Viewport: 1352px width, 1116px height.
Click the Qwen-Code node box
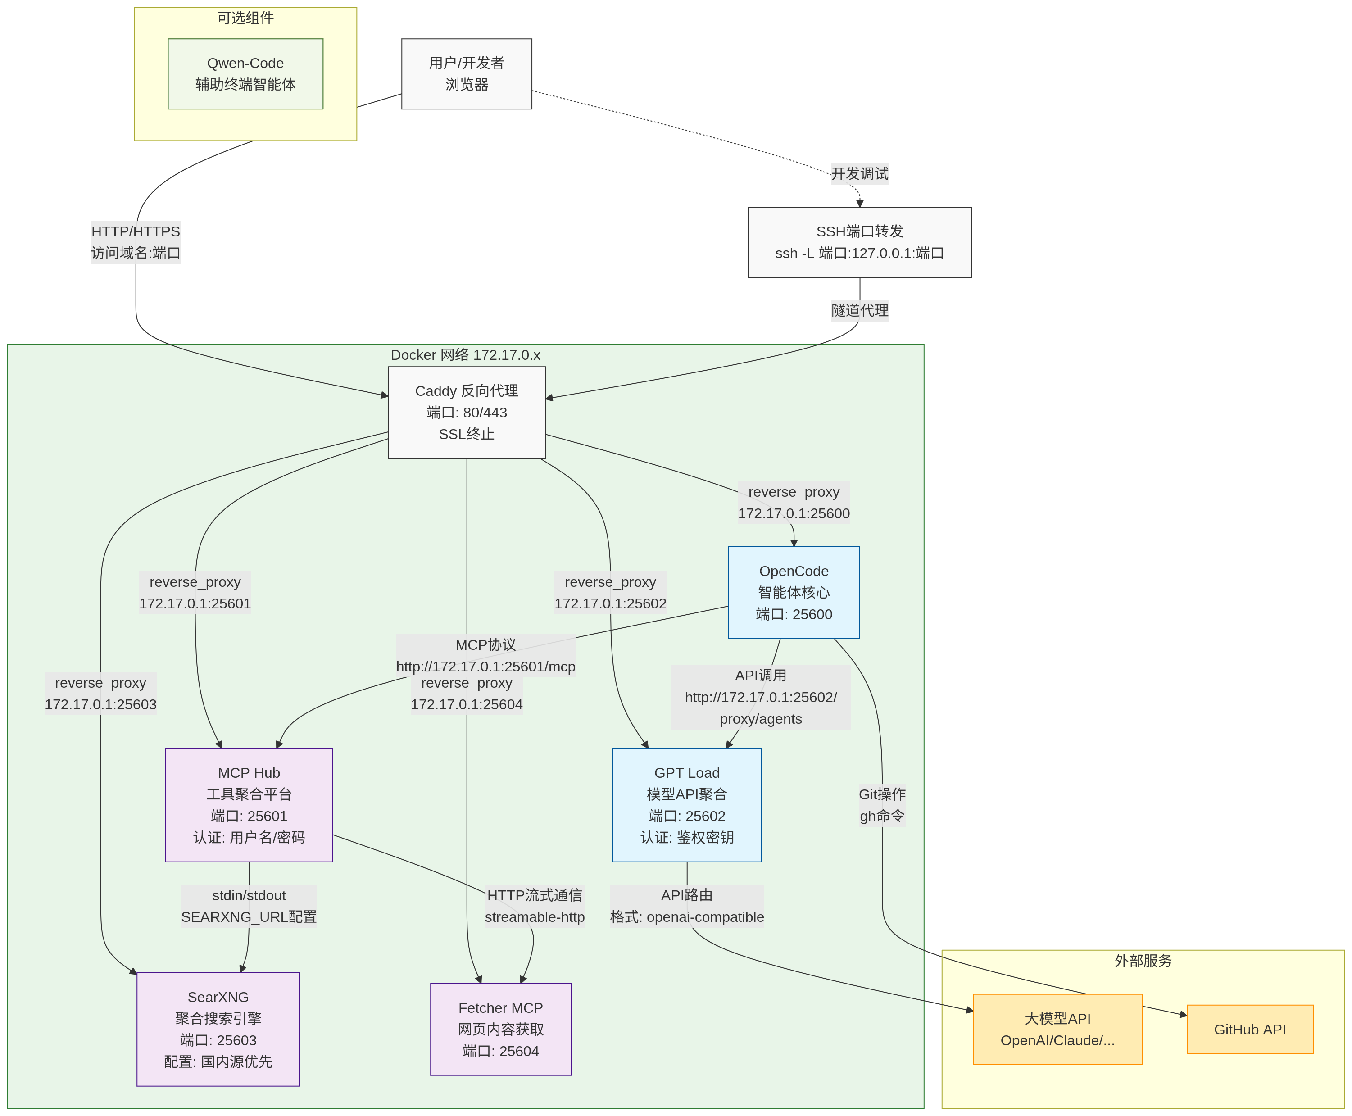(245, 74)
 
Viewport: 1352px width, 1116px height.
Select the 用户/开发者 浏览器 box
(466, 74)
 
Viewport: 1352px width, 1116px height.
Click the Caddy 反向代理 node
(466, 412)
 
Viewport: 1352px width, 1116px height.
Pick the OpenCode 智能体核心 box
(794, 592)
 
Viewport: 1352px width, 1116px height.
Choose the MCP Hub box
(249, 804)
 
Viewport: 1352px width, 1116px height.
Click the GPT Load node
(687, 804)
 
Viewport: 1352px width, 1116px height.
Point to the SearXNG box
(218, 1029)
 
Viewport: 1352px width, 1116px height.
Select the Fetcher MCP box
(500, 1029)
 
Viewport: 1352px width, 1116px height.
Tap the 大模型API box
(1057, 1029)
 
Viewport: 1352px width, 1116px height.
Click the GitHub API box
(1249, 1029)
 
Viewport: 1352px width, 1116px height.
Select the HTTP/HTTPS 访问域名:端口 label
(136, 242)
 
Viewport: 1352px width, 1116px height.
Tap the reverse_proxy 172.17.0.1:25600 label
(794, 502)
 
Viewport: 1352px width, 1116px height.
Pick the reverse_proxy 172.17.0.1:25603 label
(100, 693)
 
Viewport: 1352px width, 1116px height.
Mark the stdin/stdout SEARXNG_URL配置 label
(249, 905)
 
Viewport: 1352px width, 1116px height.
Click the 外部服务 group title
(1143, 961)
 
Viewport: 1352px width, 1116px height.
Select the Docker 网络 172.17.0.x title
(465, 355)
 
